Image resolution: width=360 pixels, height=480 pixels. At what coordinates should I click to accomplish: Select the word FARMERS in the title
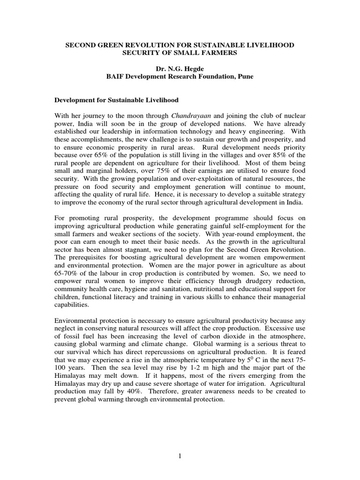pos(222,53)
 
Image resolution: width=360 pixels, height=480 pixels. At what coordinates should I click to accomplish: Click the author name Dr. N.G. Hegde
pos(180,68)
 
